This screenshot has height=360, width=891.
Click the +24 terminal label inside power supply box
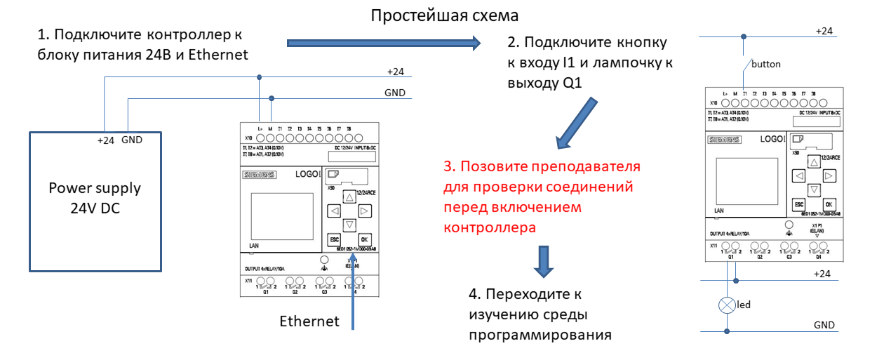[x=105, y=140]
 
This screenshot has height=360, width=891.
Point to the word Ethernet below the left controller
[x=309, y=321]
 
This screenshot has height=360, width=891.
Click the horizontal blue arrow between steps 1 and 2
[x=384, y=44]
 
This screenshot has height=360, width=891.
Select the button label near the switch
[x=765, y=64]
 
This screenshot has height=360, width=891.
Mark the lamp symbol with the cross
[x=728, y=306]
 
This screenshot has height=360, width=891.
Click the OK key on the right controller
[x=829, y=204]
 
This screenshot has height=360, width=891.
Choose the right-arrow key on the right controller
[x=829, y=175]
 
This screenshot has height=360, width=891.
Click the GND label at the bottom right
[x=824, y=325]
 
